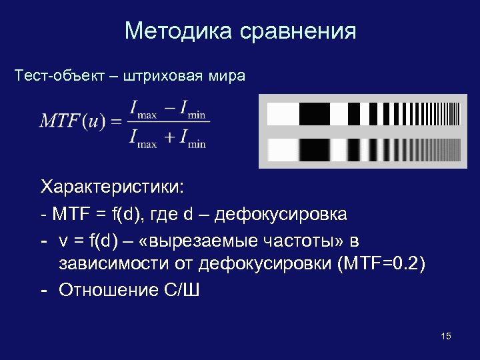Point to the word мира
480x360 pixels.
coord(228,75)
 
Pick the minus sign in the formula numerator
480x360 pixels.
coord(171,107)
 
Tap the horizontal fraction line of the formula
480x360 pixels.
coord(167,121)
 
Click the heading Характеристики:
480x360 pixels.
coord(111,185)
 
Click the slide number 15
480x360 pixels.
coord(446,336)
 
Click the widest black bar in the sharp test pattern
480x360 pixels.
coord(314,114)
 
